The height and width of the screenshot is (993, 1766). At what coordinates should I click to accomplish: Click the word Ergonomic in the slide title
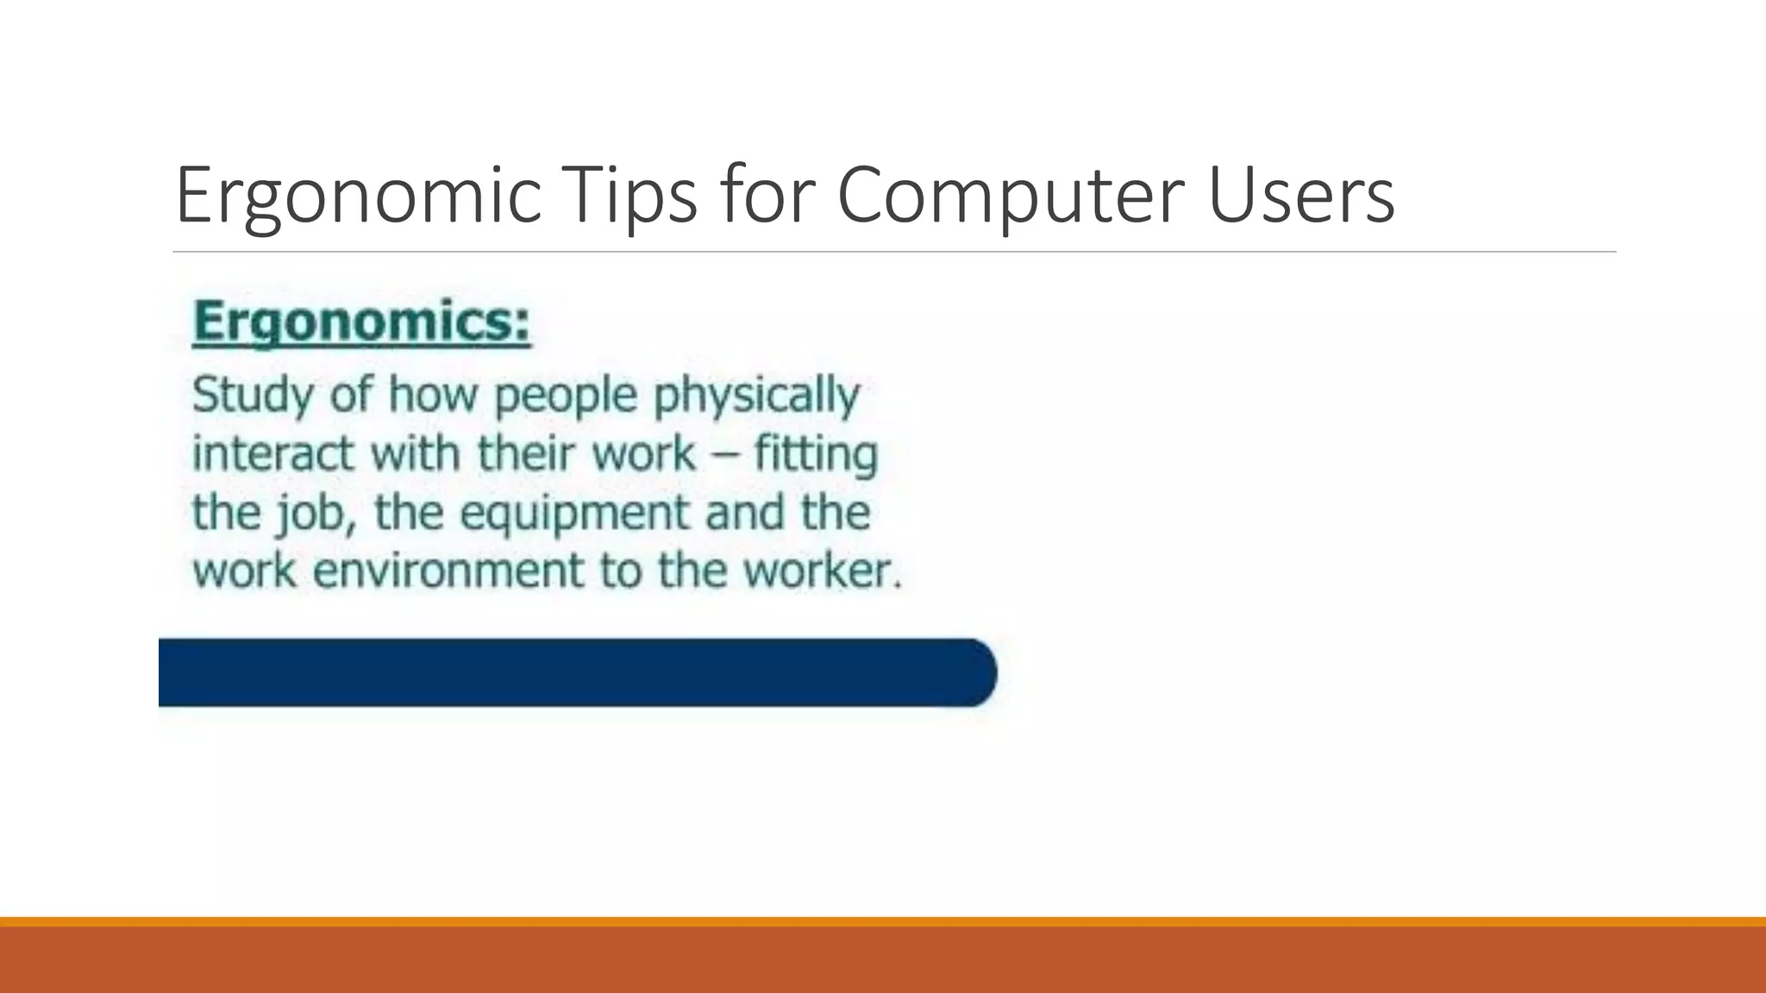click(358, 197)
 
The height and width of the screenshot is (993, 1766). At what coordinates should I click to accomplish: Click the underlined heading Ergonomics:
click(361, 322)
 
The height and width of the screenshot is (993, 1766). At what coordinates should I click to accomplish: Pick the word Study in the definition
click(253, 397)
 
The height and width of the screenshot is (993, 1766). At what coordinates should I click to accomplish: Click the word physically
click(756, 397)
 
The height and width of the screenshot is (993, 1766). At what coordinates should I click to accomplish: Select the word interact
click(272, 453)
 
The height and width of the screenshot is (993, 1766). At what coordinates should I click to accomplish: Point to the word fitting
click(815, 455)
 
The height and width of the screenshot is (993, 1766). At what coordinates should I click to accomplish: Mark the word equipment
click(575, 514)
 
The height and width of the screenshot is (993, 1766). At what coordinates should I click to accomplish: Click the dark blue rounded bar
click(569, 672)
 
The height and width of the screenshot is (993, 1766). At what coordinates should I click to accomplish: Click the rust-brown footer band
click(883, 960)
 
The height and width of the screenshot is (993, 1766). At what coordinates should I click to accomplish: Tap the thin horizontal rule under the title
click(893, 252)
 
